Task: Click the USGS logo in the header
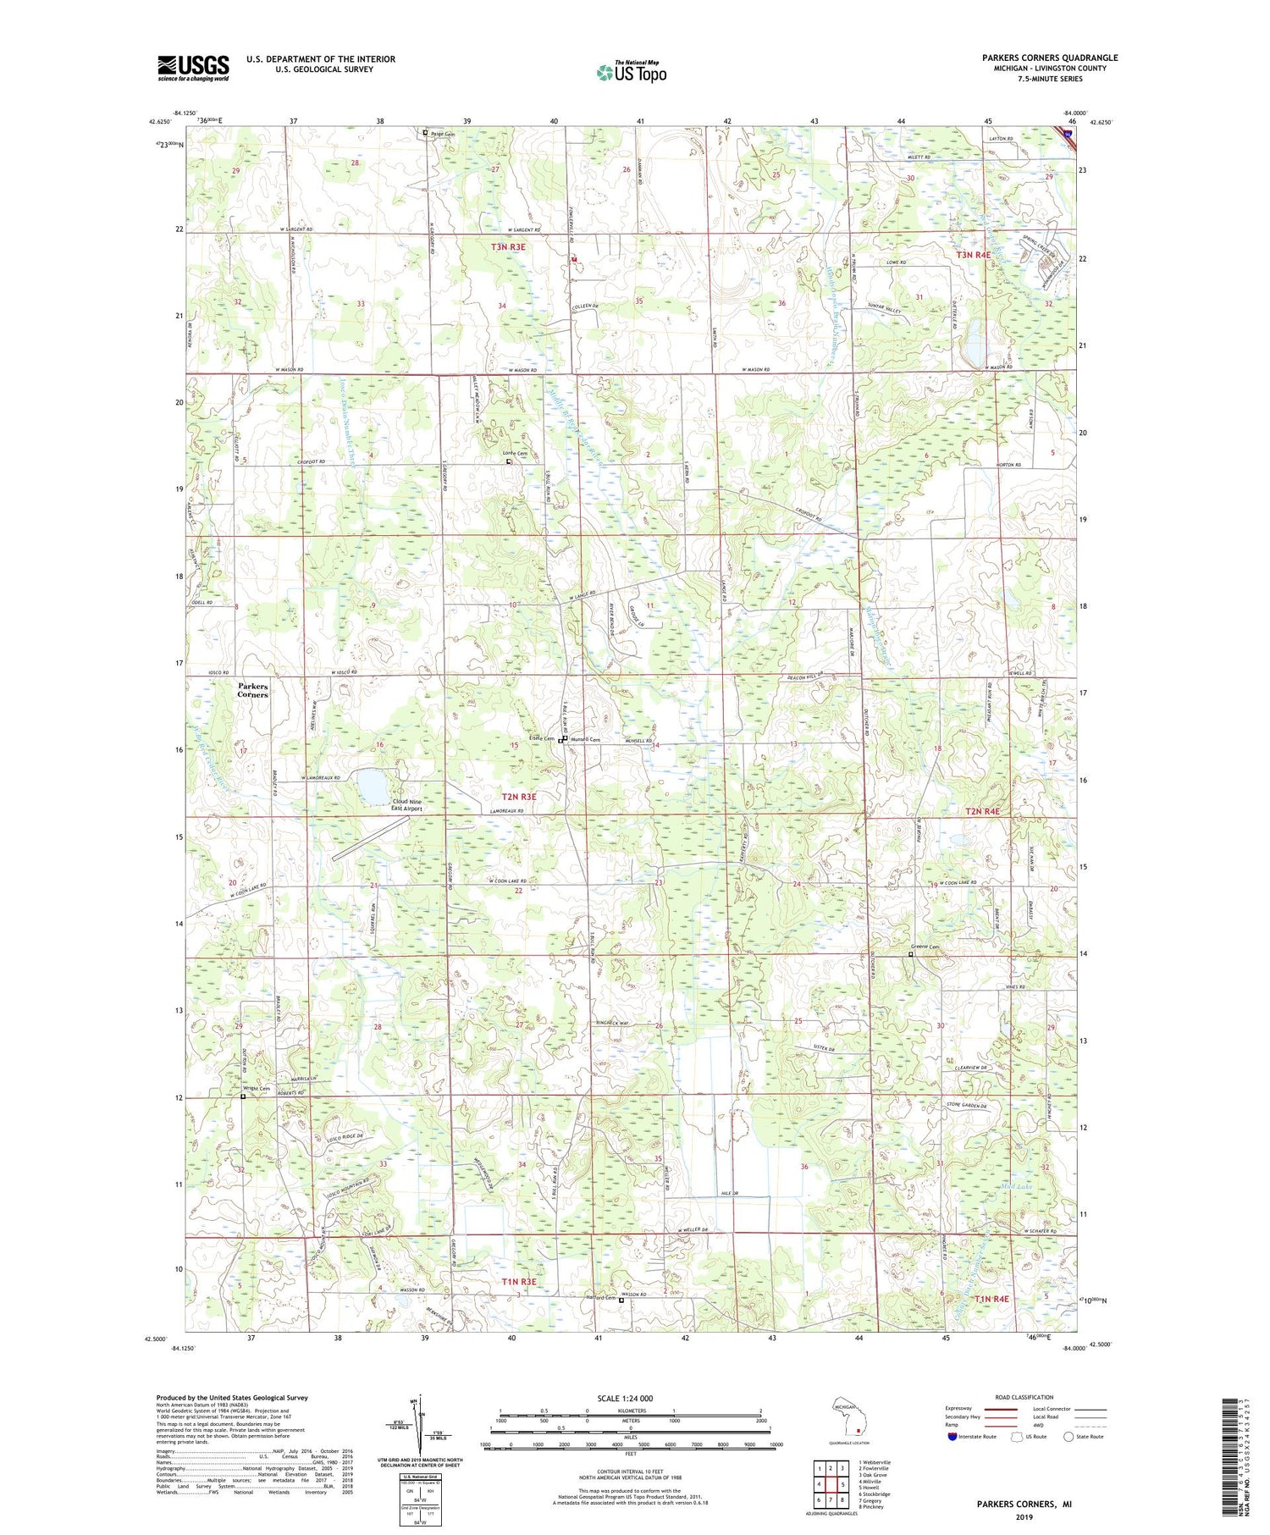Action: (x=193, y=68)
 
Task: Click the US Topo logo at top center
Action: (x=631, y=73)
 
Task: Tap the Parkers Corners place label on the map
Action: (x=252, y=690)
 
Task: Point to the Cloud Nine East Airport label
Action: (x=406, y=804)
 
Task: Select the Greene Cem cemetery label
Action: (x=925, y=947)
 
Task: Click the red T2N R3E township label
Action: (x=519, y=797)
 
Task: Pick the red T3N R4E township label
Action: (x=974, y=255)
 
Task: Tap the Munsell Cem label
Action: (x=585, y=740)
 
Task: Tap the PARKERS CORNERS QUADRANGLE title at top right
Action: (x=1038, y=58)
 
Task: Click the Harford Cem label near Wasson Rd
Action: (x=602, y=1296)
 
